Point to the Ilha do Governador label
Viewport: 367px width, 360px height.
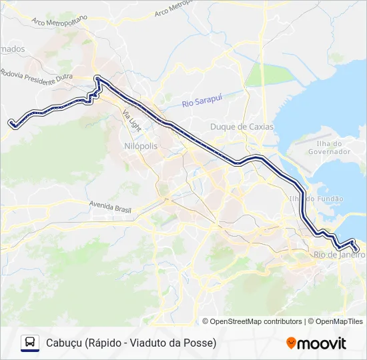click(x=330, y=147)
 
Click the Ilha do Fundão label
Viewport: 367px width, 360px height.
click(x=316, y=199)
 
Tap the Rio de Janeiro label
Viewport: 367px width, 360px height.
click(x=339, y=254)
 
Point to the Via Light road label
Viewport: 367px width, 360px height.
click(x=133, y=121)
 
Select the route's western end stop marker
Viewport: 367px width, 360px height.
click(x=11, y=122)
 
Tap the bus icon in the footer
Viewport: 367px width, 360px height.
click(x=30, y=343)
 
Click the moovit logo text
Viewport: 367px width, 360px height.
click(x=322, y=343)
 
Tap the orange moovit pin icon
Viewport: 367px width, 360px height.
click(x=291, y=343)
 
